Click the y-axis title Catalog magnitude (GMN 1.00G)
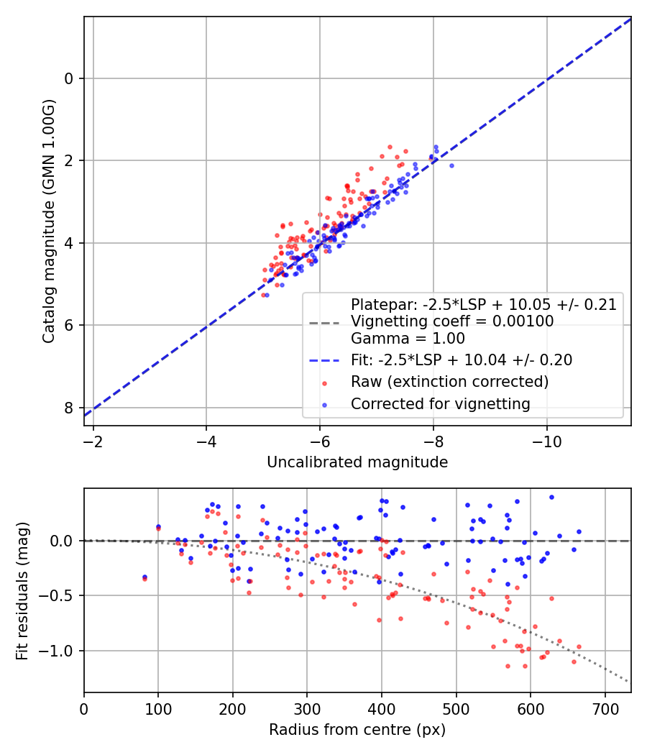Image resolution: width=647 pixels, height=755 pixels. click(x=49, y=221)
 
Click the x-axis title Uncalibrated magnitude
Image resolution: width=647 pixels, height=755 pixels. click(x=357, y=462)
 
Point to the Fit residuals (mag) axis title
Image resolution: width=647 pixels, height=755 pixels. click(x=22, y=591)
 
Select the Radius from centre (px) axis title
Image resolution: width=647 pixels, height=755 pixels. click(x=357, y=730)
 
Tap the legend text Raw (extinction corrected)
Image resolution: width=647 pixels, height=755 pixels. click(x=449, y=382)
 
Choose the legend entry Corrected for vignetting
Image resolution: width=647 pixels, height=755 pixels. click(x=441, y=404)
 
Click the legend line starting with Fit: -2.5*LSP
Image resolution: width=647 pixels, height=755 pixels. click(x=462, y=360)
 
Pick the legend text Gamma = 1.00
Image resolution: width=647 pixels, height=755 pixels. click(x=408, y=339)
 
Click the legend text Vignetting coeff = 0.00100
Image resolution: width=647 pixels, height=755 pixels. click(x=452, y=321)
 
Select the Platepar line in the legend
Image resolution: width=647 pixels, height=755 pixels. click(x=484, y=304)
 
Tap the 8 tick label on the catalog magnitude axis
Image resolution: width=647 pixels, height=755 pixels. click(x=69, y=408)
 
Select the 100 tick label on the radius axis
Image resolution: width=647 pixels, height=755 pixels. click(x=158, y=709)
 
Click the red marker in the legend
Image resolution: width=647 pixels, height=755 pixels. click(x=324, y=383)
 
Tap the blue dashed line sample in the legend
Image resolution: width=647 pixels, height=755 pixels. click(x=324, y=360)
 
